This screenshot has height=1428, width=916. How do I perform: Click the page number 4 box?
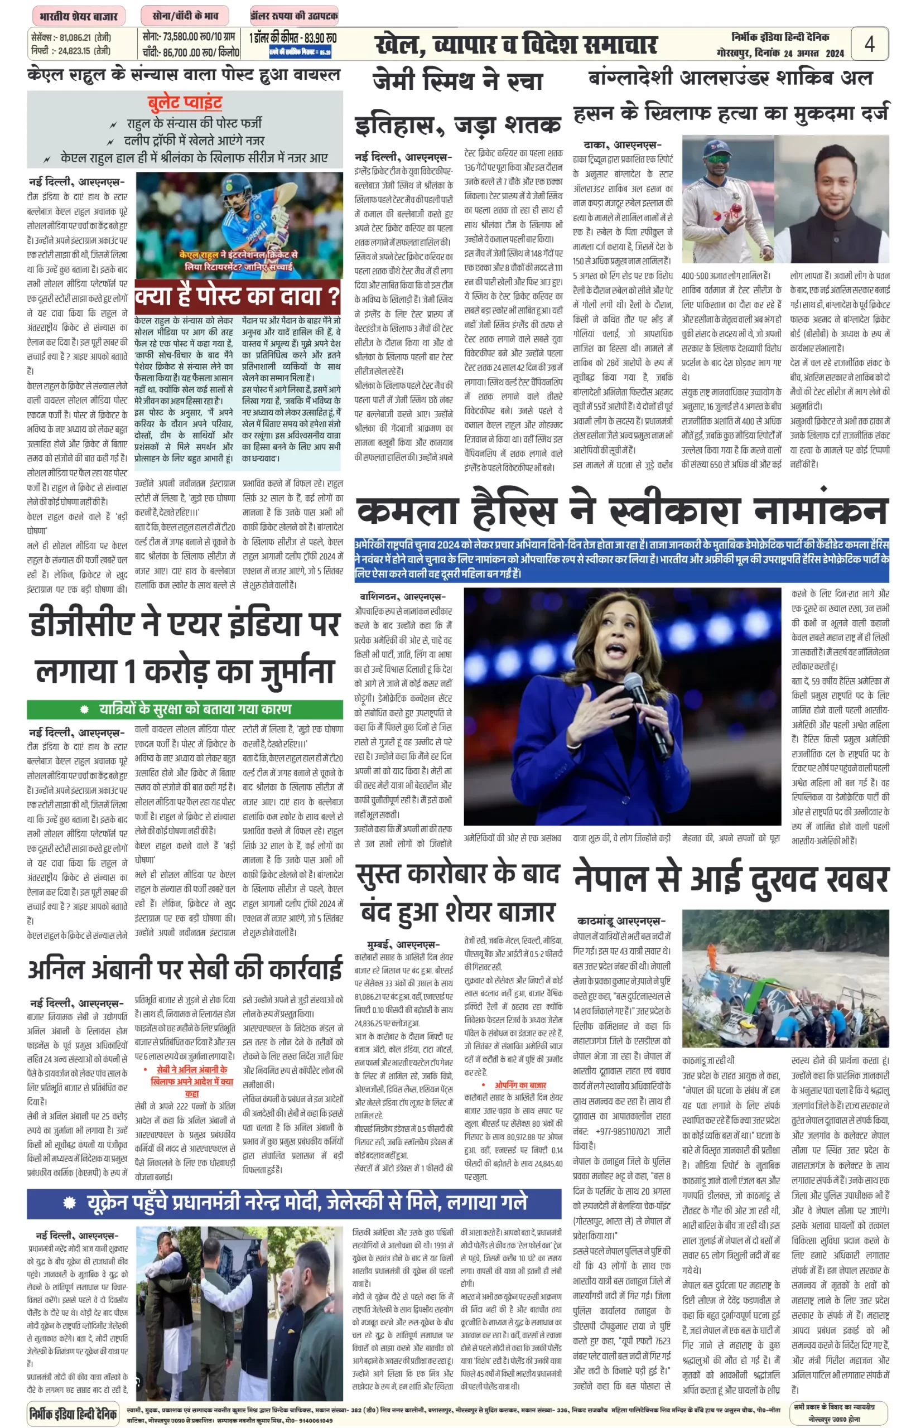(x=869, y=44)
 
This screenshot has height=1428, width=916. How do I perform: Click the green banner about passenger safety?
(x=185, y=709)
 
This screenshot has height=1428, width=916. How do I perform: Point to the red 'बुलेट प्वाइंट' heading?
(x=185, y=102)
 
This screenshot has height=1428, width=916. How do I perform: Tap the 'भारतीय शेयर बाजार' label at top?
(x=79, y=16)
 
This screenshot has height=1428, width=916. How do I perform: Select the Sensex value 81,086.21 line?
(x=71, y=37)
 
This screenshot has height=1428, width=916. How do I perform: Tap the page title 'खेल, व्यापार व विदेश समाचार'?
(x=515, y=45)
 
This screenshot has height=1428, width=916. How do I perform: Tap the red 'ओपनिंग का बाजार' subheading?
(x=520, y=1085)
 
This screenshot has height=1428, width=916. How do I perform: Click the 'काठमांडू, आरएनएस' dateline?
(x=621, y=922)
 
